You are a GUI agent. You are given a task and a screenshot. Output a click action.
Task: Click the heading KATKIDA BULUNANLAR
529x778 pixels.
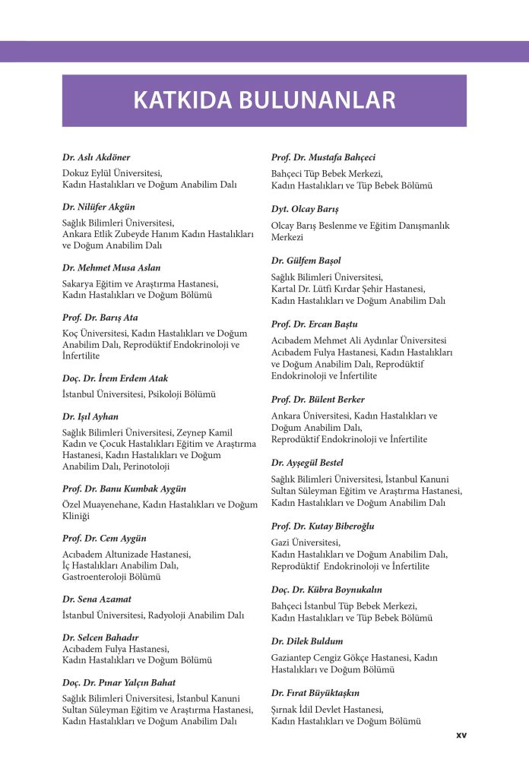[264, 100]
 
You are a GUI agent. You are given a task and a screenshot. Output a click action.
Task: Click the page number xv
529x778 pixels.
[461, 735]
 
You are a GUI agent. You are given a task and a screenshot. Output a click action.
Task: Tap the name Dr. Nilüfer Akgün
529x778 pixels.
[99, 207]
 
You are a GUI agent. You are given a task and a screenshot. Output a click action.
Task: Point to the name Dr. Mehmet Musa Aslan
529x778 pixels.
[111, 267]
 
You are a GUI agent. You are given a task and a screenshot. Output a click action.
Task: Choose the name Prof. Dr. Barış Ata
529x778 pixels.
[100, 317]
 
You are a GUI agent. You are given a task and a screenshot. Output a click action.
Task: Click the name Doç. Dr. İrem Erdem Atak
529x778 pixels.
[115, 378]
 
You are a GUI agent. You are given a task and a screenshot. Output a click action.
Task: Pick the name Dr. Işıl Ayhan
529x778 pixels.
[90, 416]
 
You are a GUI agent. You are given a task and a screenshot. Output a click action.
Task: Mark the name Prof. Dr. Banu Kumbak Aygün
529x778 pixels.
[124, 489]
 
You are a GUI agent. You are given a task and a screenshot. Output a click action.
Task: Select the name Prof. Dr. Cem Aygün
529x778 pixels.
[104, 538]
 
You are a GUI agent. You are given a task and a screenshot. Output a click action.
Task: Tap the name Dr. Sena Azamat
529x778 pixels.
[97, 599]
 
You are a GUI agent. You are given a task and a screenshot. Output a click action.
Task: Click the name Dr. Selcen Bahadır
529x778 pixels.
[100, 637]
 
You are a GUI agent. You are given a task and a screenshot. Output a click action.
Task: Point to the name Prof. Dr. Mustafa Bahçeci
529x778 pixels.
[323, 157]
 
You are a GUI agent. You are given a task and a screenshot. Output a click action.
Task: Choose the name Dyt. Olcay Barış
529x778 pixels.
[305, 208]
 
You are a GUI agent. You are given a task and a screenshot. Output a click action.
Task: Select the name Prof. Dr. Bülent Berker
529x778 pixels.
[318, 400]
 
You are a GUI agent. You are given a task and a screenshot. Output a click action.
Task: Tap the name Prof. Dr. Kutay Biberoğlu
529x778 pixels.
[322, 526]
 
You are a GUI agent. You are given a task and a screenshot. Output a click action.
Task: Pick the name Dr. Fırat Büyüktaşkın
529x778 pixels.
[315, 693]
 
